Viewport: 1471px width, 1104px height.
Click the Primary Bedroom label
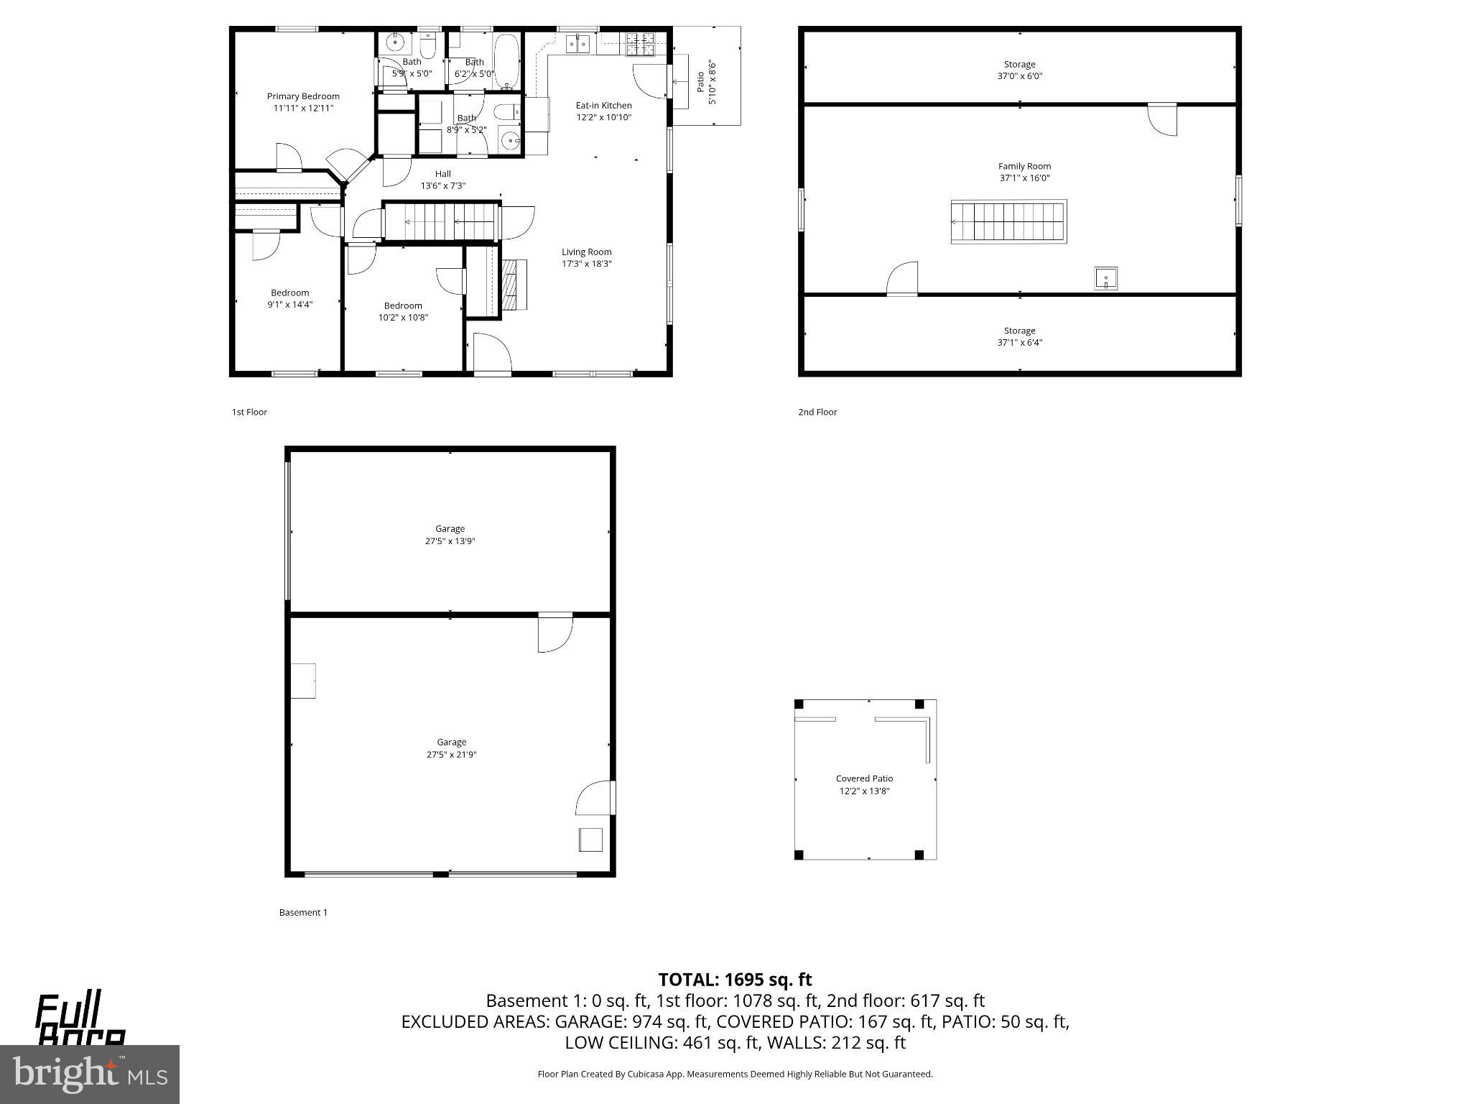(303, 96)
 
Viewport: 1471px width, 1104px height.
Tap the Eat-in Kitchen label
(603, 106)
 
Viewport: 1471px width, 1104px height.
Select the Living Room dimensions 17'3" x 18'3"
(586, 264)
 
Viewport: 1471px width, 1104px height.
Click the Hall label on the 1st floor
(442, 174)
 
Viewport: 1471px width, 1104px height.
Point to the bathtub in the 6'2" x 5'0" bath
(506, 60)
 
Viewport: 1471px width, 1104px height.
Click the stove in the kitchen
(636, 45)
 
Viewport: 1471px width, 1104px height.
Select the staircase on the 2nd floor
(1008, 222)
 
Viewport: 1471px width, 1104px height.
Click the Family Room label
(1024, 166)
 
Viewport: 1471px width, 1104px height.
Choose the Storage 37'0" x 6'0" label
(1019, 65)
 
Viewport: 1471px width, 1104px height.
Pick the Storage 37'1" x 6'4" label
(1019, 331)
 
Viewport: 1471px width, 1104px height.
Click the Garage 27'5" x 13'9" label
(450, 529)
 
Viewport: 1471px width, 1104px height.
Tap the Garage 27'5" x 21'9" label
(451, 742)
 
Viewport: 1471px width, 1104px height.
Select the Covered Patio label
(864, 778)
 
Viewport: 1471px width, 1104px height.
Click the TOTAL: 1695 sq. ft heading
(735, 980)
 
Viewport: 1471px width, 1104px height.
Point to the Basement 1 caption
(303, 913)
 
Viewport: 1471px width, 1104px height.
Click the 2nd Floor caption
(817, 412)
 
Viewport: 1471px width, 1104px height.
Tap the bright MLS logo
(89, 1074)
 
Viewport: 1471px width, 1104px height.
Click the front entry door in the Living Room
(492, 356)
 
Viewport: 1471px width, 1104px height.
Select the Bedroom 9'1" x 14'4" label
(289, 293)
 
